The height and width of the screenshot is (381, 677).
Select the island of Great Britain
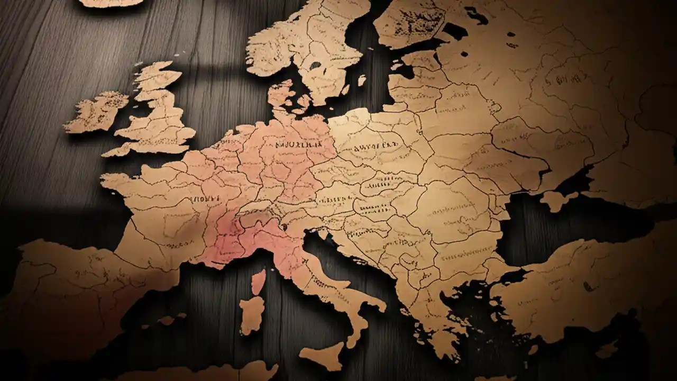tap(159, 114)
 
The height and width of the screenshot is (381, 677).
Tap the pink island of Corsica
tap(258, 282)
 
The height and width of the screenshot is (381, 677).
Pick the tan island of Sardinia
tap(251, 314)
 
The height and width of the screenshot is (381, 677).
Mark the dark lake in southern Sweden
tap(315, 65)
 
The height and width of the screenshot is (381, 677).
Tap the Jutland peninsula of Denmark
tap(280, 95)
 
